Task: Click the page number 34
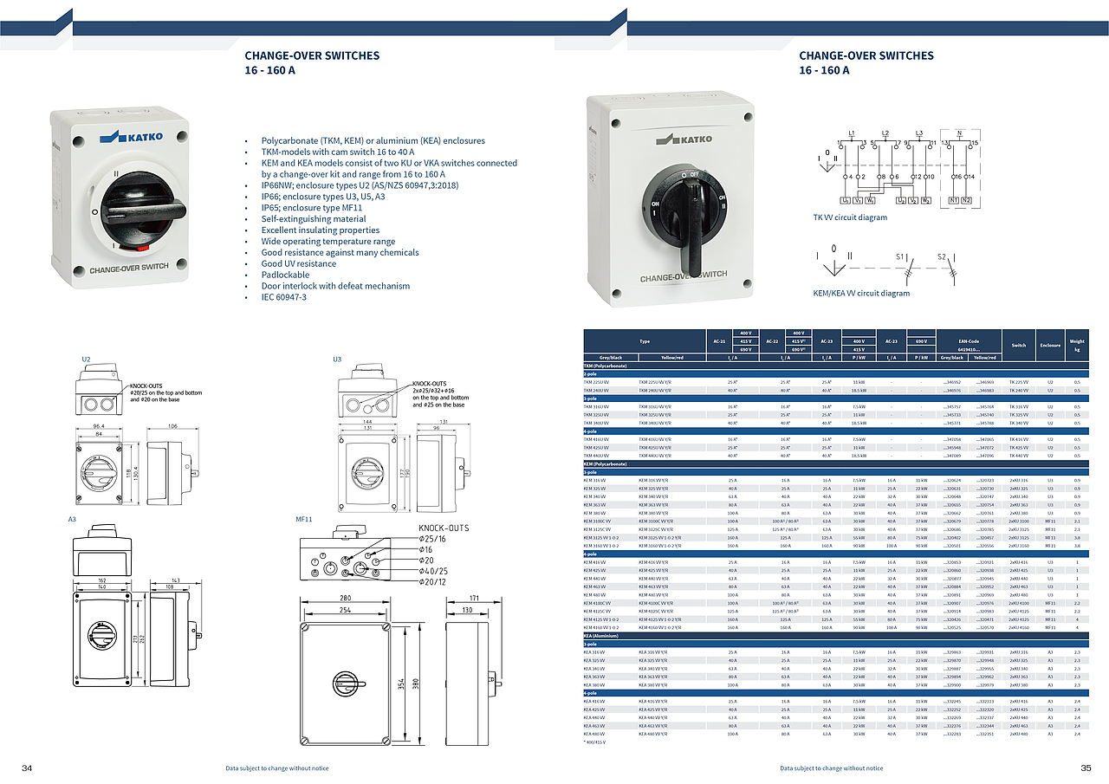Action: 27,768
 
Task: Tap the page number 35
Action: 1086,768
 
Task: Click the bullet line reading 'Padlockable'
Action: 287,275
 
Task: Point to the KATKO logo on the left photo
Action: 130,136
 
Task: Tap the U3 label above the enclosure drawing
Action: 338,359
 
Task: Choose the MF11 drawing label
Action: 303,518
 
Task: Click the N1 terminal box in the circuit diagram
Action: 953,200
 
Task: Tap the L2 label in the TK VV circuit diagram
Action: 885,133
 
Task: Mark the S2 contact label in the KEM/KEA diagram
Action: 942,256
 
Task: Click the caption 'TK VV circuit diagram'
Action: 850,217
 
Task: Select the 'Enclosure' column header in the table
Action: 1050,345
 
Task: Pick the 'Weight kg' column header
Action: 1077,345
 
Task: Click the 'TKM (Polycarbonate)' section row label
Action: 606,366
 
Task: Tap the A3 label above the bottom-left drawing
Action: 73,518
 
